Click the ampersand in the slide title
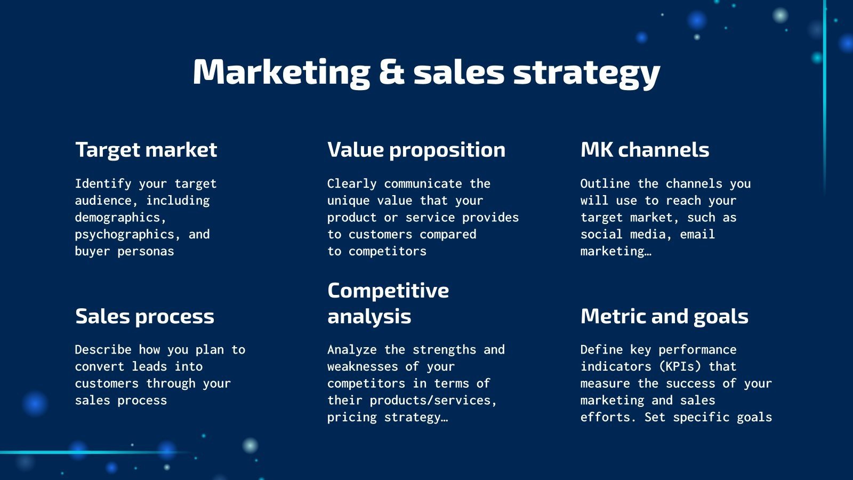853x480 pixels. click(x=391, y=71)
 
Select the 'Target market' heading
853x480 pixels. click(x=146, y=150)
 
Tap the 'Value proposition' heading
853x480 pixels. click(x=416, y=150)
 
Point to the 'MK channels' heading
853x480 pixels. click(x=645, y=149)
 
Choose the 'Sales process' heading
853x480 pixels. click(x=144, y=317)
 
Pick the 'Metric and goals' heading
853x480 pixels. click(x=664, y=317)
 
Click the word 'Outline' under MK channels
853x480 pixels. click(x=605, y=183)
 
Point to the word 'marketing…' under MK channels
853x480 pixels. click(x=616, y=251)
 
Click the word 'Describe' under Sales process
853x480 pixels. click(x=103, y=349)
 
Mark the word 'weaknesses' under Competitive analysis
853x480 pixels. click(x=363, y=366)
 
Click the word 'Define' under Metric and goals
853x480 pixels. click(x=602, y=349)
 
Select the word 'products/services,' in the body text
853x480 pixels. click(x=433, y=401)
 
